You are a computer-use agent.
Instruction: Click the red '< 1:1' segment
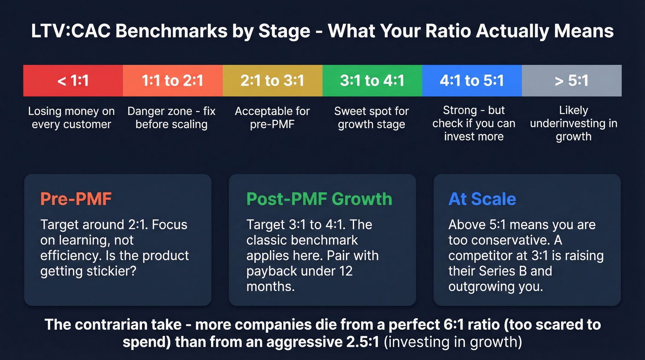(73, 81)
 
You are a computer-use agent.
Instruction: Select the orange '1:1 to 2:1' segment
(172, 81)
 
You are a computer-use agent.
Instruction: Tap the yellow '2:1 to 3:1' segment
(272, 81)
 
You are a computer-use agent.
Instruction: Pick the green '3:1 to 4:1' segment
(372, 81)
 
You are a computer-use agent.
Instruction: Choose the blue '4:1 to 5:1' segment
(472, 81)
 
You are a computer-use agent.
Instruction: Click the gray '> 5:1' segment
(571, 81)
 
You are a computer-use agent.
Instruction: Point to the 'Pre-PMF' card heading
(76, 199)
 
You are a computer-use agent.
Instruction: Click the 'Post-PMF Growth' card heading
(319, 199)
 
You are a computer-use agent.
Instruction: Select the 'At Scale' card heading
(482, 199)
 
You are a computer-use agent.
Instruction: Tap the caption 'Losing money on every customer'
(71, 118)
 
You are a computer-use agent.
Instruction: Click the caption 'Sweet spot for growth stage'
(371, 118)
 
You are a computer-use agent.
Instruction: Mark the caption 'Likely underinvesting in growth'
(573, 124)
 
